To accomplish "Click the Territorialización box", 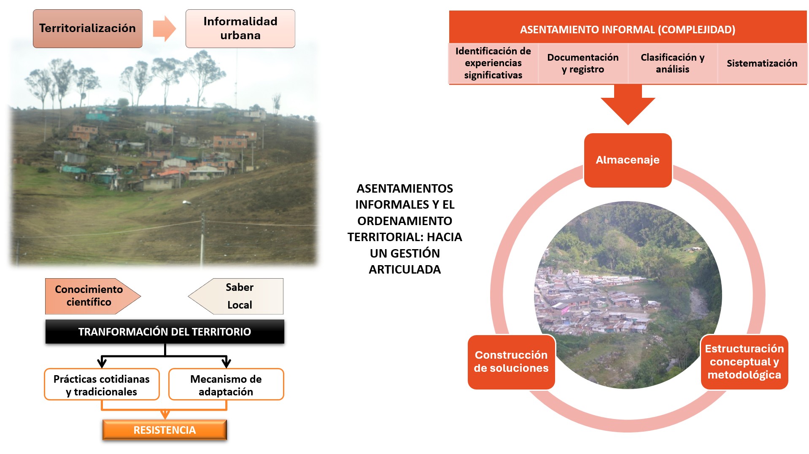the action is pyautogui.click(x=88, y=29).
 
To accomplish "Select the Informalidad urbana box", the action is pyautogui.click(x=240, y=29).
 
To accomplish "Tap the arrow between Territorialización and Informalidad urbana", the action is pyautogui.click(x=164, y=29).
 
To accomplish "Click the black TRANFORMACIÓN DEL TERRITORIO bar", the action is pyautogui.click(x=165, y=332).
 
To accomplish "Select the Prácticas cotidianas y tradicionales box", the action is pyautogui.click(x=102, y=384).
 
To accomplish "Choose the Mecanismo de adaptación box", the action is pyautogui.click(x=226, y=384).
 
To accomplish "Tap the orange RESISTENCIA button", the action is pyautogui.click(x=164, y=430).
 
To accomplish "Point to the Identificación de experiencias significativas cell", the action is pyautogui.click(x=493, y=63).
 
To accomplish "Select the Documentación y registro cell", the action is pyautogui.click(x=583, y=63).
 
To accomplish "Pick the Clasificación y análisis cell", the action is pyautogui.click(x=673, y=63).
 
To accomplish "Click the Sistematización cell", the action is pyautogui.click(x=762, y=63).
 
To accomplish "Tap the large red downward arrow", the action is pyautogui.click(x=628, y=104).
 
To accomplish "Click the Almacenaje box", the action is pyautogui.click(x=628, y=160).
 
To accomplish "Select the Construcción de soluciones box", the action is pyautogui.click(x=511, y=362).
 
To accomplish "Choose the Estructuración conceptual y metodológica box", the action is pyautogui.click(x=744, y=362).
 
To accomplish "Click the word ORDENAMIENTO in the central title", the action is pyautogui.click(x=405, y=221).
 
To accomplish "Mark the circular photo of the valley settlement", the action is pyautogui.click(x=628, y=295).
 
